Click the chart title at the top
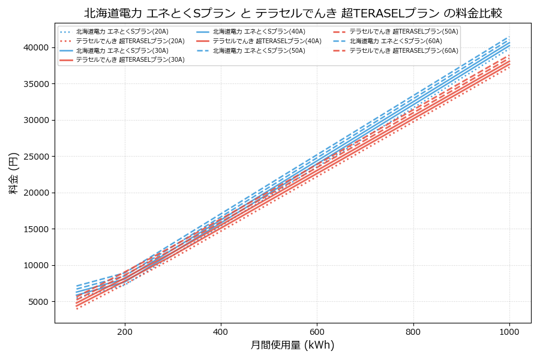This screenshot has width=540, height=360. [293, 13]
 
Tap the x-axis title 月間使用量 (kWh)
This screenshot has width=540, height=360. [292, 346]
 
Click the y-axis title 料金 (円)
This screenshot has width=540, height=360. [13, 173]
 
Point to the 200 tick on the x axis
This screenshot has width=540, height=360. [125, 331]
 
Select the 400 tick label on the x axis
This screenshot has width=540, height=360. [221, 331]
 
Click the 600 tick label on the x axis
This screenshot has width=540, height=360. [317, 331]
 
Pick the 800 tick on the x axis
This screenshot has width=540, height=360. [413, 331]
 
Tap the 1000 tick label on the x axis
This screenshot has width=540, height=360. [509, 331]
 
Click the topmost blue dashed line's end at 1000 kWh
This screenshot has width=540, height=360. [509, 37]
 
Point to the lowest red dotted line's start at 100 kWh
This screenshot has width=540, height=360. [77, 309]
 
